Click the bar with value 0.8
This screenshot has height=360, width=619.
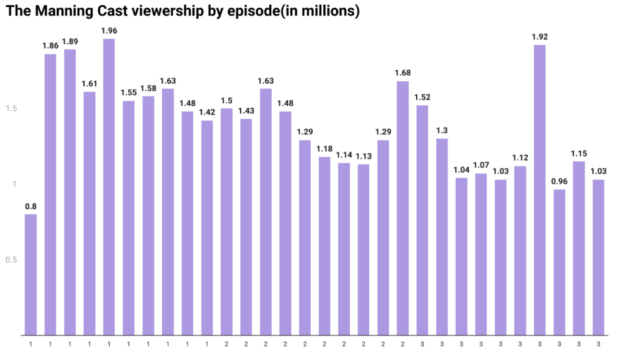coord(31,274)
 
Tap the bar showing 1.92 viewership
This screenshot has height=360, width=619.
coord(540,190)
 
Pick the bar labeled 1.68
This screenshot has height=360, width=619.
coord(402,208)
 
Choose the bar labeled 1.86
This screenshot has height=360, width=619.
coord(50,194)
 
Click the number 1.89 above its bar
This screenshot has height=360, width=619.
coord(70,41)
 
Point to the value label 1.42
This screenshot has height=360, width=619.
coord(207,112)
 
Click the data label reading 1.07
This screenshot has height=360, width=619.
coord(481,165)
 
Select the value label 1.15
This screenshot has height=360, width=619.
coord(579,153)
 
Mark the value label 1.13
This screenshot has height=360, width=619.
coord(363,156)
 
